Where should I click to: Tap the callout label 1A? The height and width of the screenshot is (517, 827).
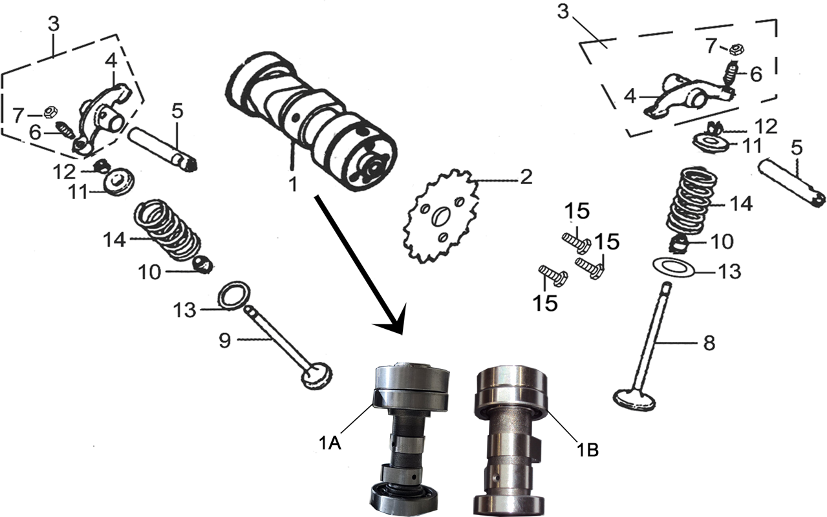[330, 443]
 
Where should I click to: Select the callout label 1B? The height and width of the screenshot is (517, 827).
[588, 450]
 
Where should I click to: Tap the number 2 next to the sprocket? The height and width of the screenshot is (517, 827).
[526, 178]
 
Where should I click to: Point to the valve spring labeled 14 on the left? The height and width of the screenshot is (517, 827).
[168, 229]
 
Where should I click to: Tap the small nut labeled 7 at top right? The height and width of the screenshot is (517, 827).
[738, 49]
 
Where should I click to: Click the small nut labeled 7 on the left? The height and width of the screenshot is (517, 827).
[50, 112]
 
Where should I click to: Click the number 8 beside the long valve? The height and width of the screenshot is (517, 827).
[709, 343]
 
